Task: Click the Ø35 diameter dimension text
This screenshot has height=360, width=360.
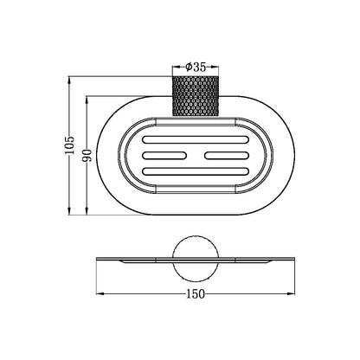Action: click(196, 65)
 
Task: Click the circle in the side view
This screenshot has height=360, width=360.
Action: click(195, 257)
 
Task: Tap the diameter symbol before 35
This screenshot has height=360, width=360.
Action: click(188, 65)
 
